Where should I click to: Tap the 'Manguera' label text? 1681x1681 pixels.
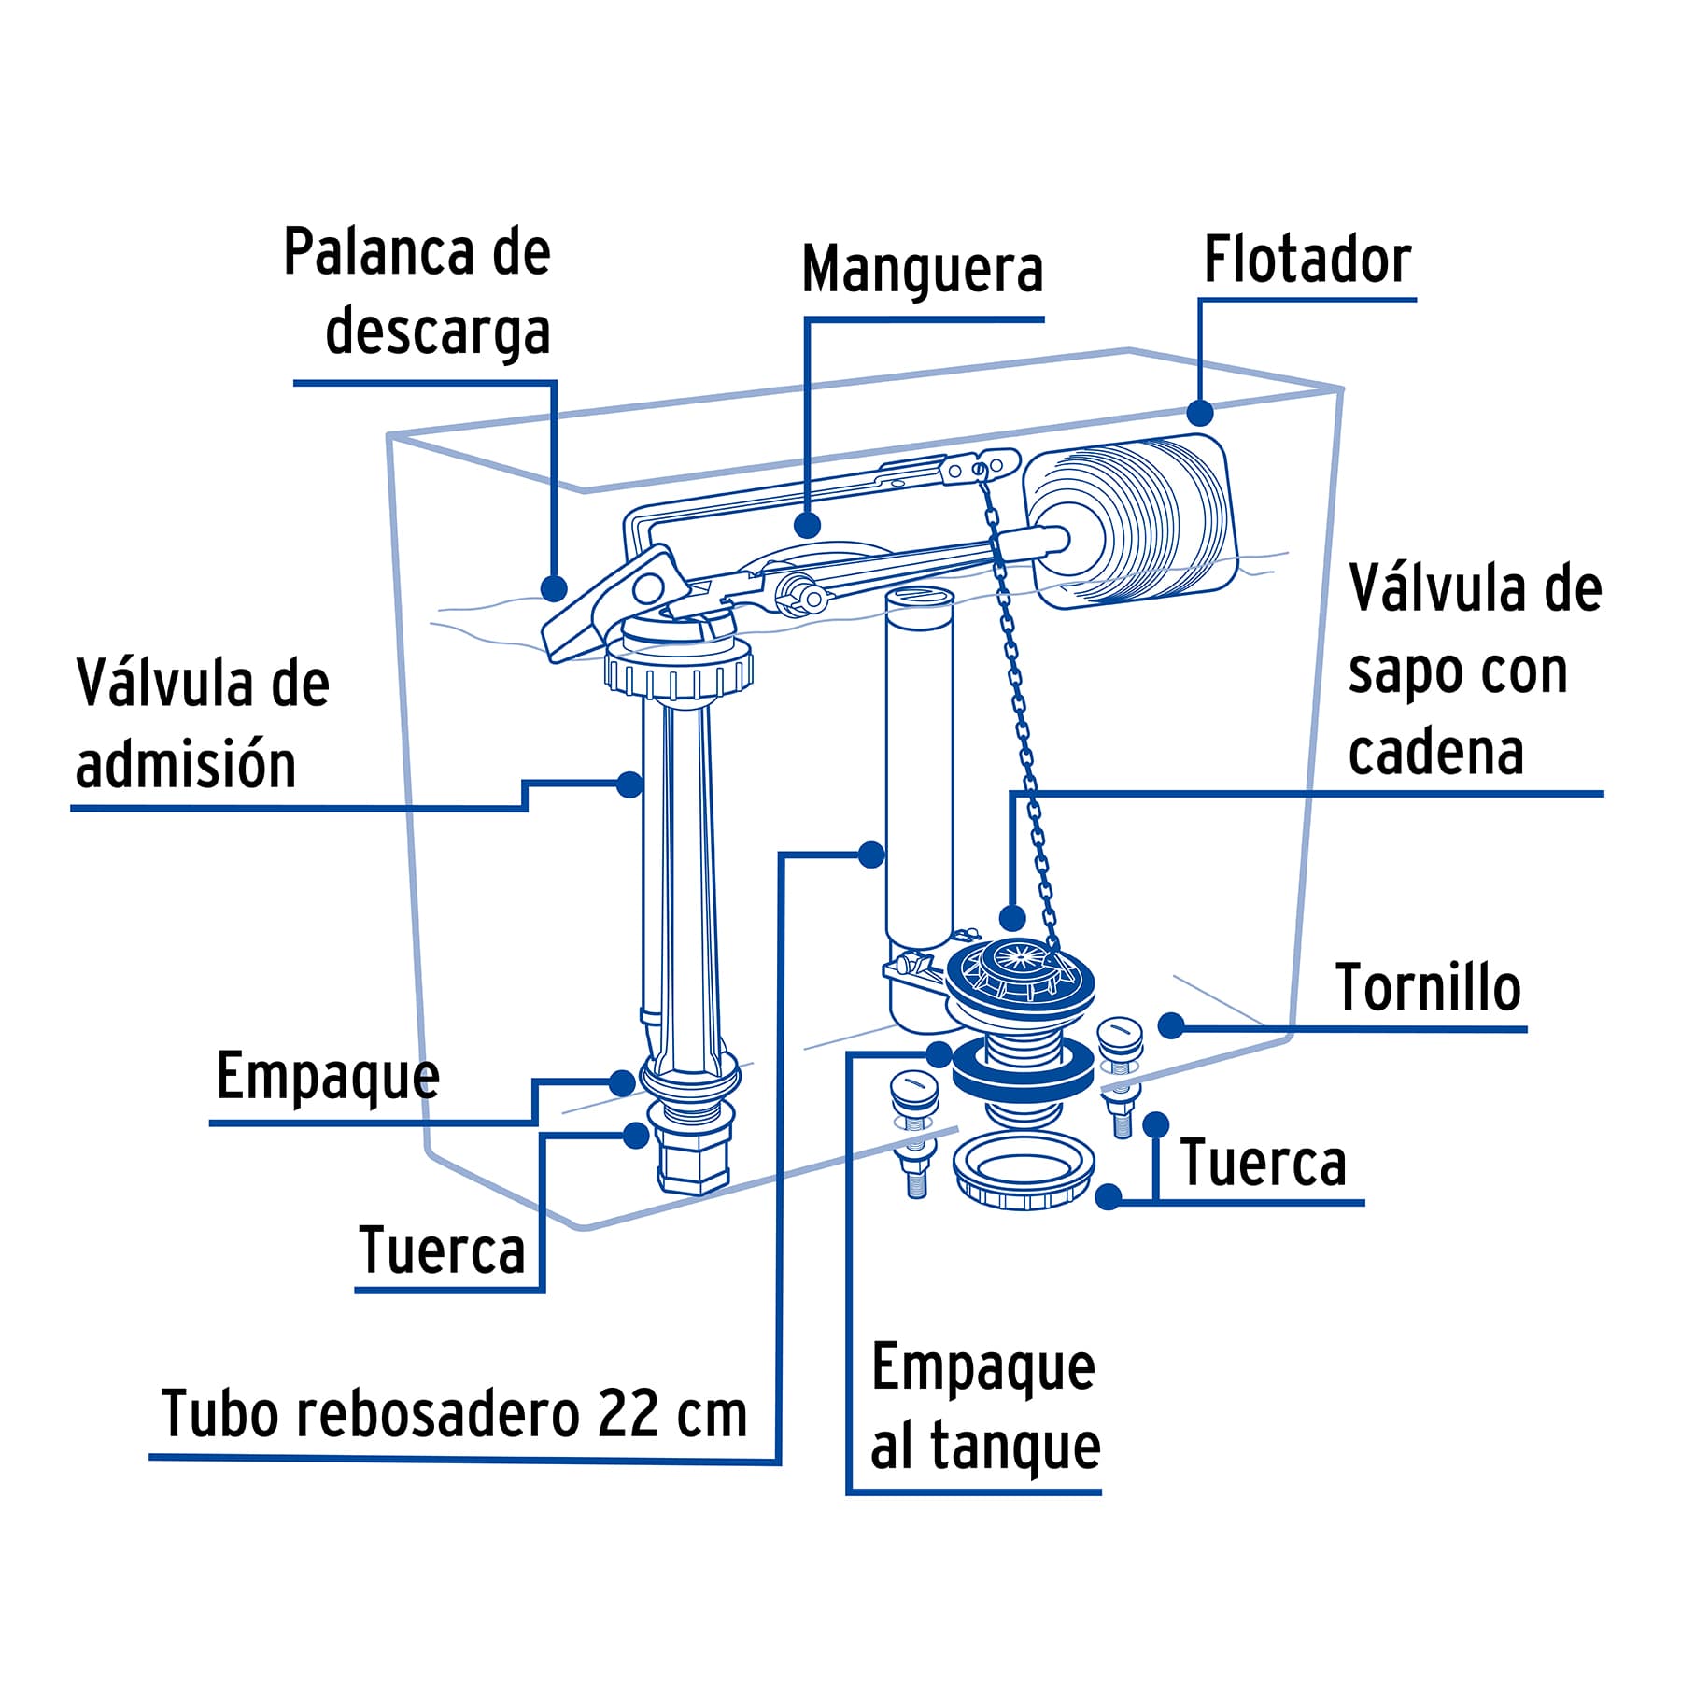coord(922,271)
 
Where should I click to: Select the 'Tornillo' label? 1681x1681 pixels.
coord(1428,988)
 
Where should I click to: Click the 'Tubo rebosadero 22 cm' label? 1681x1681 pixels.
coord(455,1414)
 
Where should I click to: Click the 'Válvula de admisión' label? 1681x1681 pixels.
coord(203,724)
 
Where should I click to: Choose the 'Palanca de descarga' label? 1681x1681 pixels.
coord(417,291)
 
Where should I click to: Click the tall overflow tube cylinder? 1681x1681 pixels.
coord(919,766)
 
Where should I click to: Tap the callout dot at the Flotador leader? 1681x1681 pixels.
coord(1200,412)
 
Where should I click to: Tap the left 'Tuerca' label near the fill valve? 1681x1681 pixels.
coord(442,1250)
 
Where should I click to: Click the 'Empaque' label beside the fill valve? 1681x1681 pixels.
coord(328,1077)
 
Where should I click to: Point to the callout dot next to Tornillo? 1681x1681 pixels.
coord(1171,1025)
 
